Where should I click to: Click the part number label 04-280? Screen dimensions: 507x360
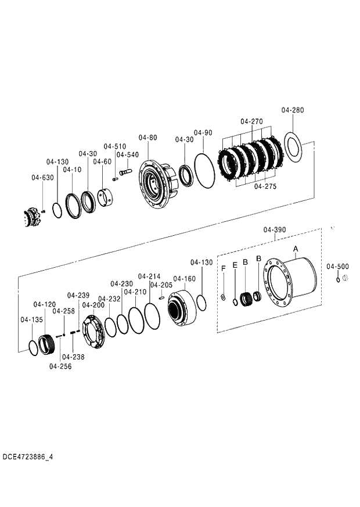click(292, 110)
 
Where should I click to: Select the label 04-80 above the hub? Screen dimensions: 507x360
click(147, 138)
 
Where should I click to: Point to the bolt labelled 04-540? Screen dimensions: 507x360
click(125, 172)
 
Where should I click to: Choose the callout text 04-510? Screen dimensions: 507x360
click(114, 146)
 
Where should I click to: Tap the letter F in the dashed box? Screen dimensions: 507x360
click(223, 268)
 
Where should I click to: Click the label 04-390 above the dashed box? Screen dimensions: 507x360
click(274, 230)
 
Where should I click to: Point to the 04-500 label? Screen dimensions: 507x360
click(337, 266)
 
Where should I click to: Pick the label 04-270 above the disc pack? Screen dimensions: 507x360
click(251, 121)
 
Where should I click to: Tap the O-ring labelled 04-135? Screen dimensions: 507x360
click(34, 348)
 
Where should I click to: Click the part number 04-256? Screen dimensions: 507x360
click(60, 366)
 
